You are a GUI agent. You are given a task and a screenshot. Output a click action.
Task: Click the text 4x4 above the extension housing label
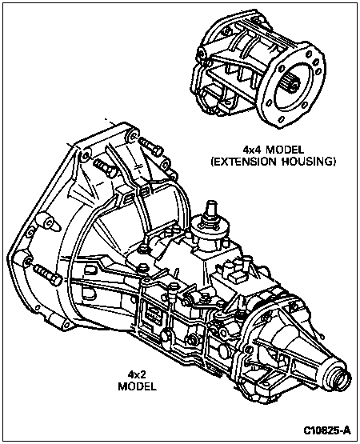click(x=252, y=149)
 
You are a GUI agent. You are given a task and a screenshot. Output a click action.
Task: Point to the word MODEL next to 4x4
click(x=285, y=149)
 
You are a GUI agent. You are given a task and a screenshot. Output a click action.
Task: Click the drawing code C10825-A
click(x=327, y=430)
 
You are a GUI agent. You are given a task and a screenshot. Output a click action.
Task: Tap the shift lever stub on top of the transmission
click(x=210, y=210)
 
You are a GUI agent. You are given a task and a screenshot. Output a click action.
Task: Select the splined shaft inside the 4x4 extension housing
click(x=290, y=84)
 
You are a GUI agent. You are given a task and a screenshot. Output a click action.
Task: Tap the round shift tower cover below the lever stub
click(x=209, y=230)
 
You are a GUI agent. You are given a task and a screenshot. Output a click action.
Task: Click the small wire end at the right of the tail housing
click(x=321, y=336)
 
